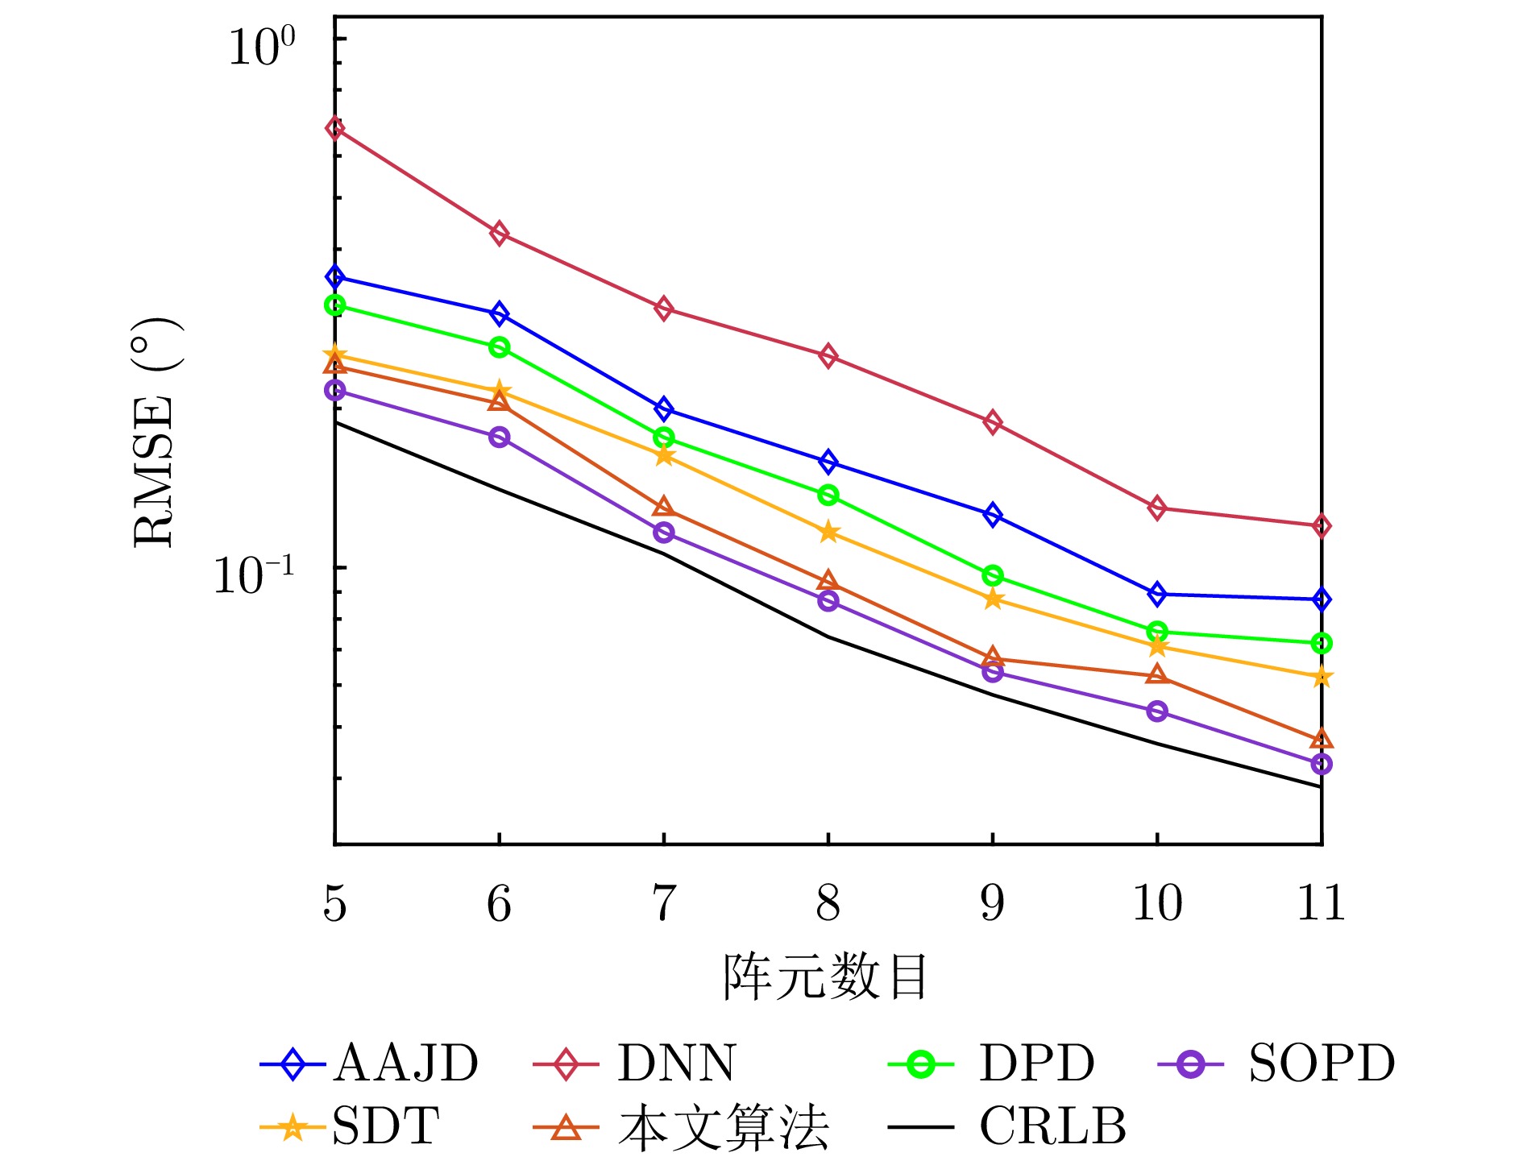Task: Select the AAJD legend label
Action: click(x=405, y=1064)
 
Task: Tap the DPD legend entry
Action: click(x=1036, y=1064)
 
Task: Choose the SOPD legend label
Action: click(x=1322, y=1064)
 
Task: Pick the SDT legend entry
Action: click(x=386, y=1126)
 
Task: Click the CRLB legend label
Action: click(x=1052, y=1126)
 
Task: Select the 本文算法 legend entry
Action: click(x=724, y=1126)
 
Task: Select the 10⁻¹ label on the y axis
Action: click(x=253, y=574)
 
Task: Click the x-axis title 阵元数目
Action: click(x=826, y=977)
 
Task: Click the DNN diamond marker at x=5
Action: click(x=335, y=128)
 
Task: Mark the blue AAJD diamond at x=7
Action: click(x=663, y=409)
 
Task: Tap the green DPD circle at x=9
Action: click(x=993, y=575)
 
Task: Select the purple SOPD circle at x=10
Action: click(x=1157, y=711)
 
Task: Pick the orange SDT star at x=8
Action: click(x=828, y=533)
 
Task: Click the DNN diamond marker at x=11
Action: click(x=1321, y=526)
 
